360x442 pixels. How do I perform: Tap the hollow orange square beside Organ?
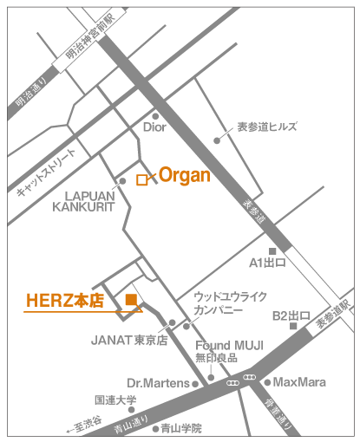pos(141,180)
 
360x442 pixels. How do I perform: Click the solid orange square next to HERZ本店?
pos(130,300)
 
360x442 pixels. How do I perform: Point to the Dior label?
pos(154,128)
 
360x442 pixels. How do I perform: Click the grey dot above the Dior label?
pos(155,115)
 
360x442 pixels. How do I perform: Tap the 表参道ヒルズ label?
pos(267,127)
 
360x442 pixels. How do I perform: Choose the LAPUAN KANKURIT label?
pos(83,201)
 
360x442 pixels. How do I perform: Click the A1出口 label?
pos(266,262)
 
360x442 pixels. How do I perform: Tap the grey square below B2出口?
pos(293,327)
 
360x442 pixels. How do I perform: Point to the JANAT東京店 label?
pos(130,340)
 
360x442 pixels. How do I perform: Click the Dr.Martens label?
pos(159,382)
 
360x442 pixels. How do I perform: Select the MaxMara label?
pos(299,381)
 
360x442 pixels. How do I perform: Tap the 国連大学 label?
pos(116,400)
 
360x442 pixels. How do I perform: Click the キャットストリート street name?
pos(47,170)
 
